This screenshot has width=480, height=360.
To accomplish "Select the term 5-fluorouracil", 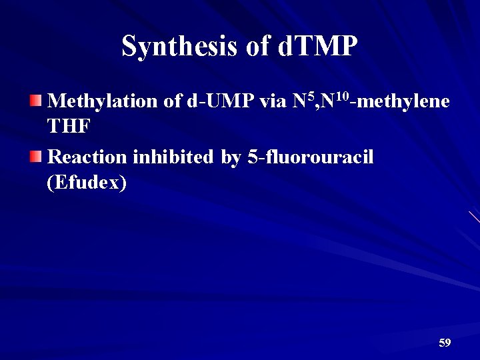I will tap(310, 157).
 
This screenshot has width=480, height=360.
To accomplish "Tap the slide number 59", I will tap(445, 343).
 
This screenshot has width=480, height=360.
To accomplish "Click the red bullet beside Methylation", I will tap(35, 101).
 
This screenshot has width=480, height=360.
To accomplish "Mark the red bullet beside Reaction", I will tap(35, 157).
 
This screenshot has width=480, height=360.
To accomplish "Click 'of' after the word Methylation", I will tap(172, 101).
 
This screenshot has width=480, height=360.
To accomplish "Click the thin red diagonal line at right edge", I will tap(474, 217).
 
